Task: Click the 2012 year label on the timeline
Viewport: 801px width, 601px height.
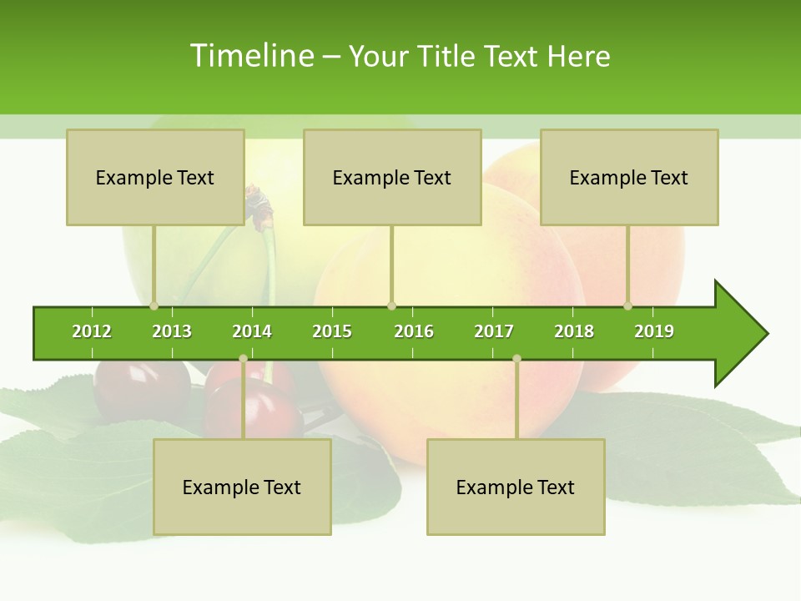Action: (92, 331)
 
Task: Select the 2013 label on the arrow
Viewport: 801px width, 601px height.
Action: (172, 331)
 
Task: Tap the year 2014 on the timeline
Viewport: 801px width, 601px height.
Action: (252, 331)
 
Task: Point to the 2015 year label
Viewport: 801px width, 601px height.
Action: (332, 331)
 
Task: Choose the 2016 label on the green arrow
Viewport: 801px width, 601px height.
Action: (414, 331)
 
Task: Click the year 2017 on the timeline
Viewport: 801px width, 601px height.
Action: (494, 331)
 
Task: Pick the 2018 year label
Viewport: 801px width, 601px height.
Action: (574, 331)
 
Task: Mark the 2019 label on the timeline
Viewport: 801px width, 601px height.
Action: (654, 331)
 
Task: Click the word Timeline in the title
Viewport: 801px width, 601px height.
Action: (251, 56)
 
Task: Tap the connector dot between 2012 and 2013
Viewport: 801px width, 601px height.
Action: (154, 306)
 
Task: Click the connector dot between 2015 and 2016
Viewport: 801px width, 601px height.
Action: (391, 306)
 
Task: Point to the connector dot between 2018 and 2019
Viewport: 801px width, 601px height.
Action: (628, 306)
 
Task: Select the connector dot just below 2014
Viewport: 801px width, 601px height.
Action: (243, 359)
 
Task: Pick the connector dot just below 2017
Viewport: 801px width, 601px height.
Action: (516, 359)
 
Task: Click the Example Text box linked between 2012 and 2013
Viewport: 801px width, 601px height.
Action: (155, 177)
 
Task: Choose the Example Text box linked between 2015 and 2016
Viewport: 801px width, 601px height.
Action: (392, 177)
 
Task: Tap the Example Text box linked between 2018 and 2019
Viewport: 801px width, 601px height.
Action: (629, 177)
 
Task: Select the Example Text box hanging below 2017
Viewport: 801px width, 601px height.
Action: (516, 487)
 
